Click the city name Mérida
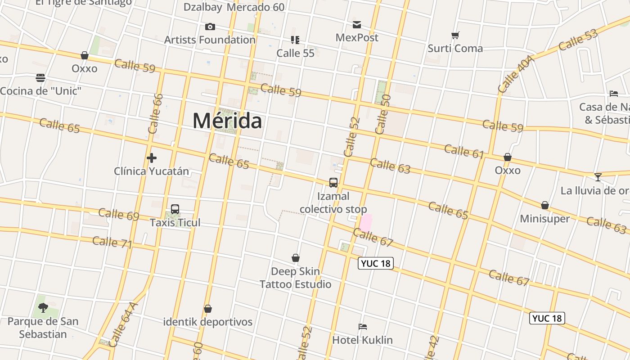coord(227,121)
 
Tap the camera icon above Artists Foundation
coord(210,27)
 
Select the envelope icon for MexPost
coord(357,25)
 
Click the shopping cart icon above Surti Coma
coord(455,35)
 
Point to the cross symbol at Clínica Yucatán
coord(152,158)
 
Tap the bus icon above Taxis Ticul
coord(175,209)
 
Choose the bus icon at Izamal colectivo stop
coord(333,183)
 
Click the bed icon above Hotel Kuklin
coord(363,327)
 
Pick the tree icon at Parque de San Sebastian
coord(43,308)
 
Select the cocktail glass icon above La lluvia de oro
coord(598,177)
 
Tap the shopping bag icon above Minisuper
coord(545,206)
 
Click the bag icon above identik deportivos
coord(207,309)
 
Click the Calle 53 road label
coord(578,40)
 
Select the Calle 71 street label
coord(112,242)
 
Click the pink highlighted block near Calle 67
coord(366,223)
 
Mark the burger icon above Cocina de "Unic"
coord(40,78)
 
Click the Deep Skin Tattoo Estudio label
coord(295,278)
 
